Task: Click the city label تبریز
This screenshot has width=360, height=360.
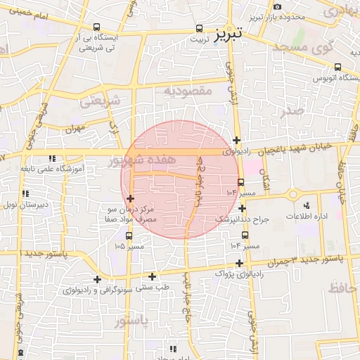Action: click(x=229, y=32)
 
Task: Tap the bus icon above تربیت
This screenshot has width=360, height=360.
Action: click(x=199, y=29)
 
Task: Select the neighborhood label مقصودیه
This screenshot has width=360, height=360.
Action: click(x=188, y=91)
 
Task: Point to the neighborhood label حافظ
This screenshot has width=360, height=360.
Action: click(x=342, y=287)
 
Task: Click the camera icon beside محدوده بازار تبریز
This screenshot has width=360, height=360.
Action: click(x=278, y=6)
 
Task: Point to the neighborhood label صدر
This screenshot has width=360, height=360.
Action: click(x=290, y=110)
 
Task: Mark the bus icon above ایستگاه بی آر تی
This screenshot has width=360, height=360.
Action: click(x=96, y=27)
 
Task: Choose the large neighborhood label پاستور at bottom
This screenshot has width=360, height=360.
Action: click(x=131, y=321)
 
